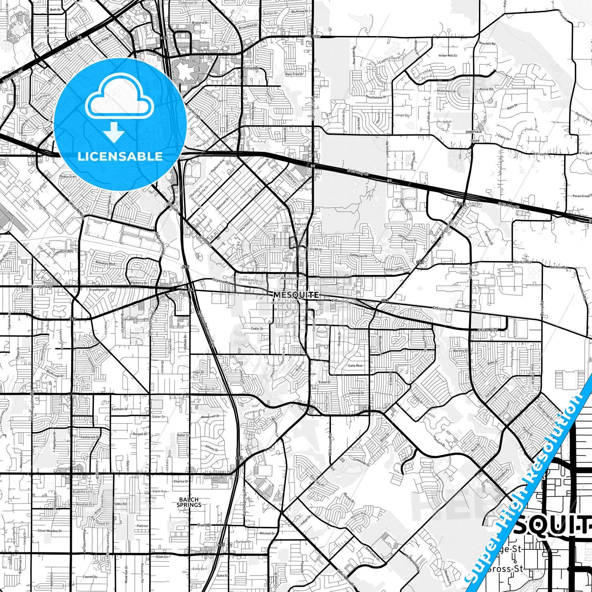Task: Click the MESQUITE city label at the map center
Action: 296,295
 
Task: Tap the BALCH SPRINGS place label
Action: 189,502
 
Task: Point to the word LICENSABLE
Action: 120,156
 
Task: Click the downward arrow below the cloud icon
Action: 114,132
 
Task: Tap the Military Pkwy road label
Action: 41,287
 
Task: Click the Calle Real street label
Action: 355,365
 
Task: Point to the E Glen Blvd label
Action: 488,330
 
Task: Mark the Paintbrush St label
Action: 396,269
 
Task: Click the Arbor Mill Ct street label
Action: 448,55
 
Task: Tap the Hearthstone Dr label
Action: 376,97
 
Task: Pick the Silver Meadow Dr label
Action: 50,531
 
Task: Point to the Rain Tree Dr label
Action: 295,74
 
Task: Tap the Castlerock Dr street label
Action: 90,437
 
